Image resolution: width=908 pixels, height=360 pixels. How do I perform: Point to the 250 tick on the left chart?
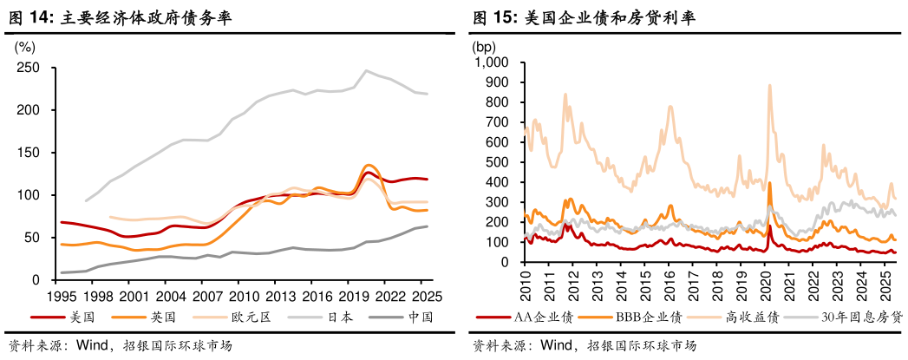pyautogui.click(x=29, y=68)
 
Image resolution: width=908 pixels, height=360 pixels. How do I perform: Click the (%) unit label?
pyautogui.click(x=26, y=46)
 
